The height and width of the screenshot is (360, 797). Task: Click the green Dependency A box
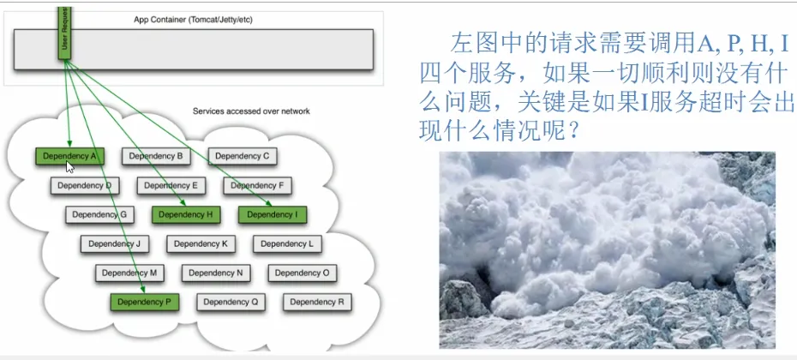pos(69,156)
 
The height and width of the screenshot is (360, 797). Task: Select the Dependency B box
pos(156,156)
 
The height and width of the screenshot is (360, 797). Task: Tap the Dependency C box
pos(243,156)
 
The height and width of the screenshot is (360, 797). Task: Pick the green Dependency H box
pos(186,214)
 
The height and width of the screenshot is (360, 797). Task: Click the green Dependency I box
pos(273,214)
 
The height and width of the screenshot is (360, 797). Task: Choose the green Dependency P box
pos(145,302)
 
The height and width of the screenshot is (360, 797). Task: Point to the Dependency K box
pos(201,244)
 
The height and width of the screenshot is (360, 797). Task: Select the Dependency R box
pos(317,302)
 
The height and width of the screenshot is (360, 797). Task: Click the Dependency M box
pos(129,273)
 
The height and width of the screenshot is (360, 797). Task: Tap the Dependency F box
pos(257,186)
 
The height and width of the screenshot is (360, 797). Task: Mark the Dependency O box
pos(303,273)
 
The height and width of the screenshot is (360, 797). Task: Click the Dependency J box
pos(114,244)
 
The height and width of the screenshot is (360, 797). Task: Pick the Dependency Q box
pos(231,302)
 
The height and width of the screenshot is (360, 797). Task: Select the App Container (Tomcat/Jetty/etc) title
pos(193,20)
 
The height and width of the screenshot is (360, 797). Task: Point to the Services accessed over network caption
pos(251,111)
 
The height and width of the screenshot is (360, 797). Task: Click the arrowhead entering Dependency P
pos(143,291)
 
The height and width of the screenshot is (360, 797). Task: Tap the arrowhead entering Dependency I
pos(269,204)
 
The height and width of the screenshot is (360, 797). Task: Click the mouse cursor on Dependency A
pos(70,167)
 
